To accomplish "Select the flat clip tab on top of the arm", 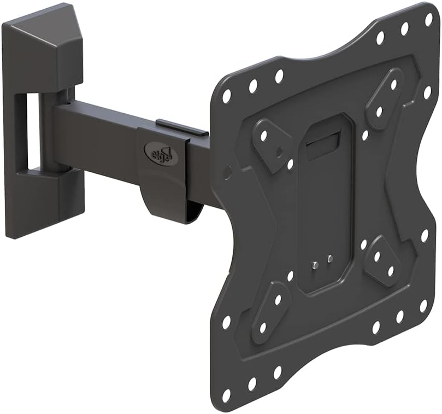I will [x=182, y=127].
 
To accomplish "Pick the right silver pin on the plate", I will [x=330, y=258].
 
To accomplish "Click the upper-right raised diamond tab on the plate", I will [x=387, y=97].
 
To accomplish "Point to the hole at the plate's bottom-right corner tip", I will [x=423, y=304].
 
